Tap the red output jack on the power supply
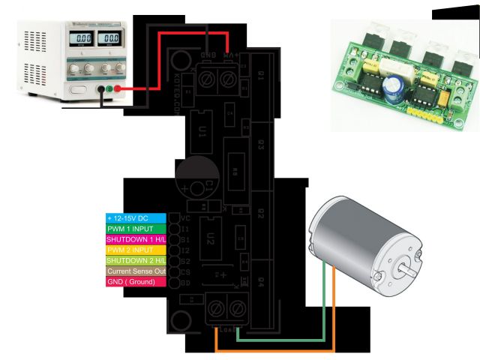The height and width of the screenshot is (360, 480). click(118, 88)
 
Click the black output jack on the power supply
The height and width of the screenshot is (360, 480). click(100, 88)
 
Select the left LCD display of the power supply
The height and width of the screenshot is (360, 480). click(81, 37)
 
